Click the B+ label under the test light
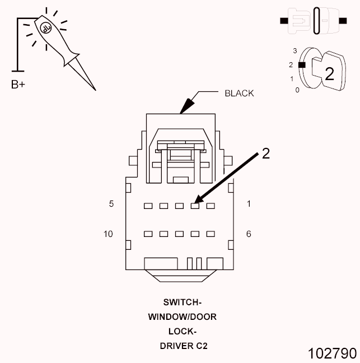click(x=18, y=85)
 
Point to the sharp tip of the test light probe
click(x=95, y=89)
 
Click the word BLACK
click(x=239, y=93)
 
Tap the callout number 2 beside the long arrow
click(x=266, y=153)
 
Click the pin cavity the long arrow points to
click(x=195, y=206)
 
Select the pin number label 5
click(x=111, y=204)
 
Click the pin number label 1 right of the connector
click(x=249, y=204)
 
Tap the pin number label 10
click(x=109, y=234)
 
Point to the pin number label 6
click(x=249, y=234)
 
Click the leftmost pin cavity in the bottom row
click(x=148, y=234)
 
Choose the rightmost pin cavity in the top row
click(x=211, y=206)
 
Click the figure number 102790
click(x=332, y=353)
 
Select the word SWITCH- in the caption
click(x=182, y=302)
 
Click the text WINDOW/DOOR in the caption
click(x=182, y=317)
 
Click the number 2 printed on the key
click(x=330, y=74)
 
